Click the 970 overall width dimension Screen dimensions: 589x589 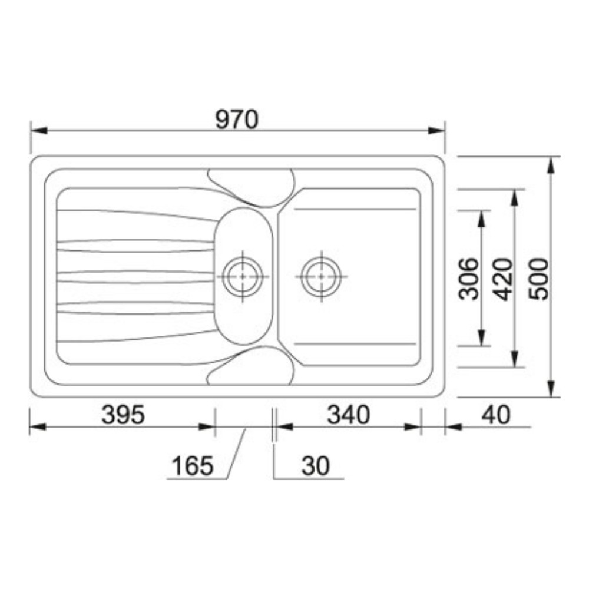point(237,120)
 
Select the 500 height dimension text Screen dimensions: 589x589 point(538,279)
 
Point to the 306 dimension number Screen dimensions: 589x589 point(469,279)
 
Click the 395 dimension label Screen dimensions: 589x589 point(123,415)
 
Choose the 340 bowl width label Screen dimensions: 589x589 point(348,415)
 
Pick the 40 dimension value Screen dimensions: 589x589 point(496,415)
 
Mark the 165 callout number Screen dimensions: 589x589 point(193,465)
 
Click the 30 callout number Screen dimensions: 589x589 point(315,465)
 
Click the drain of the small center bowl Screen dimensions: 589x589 point(243,276)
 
